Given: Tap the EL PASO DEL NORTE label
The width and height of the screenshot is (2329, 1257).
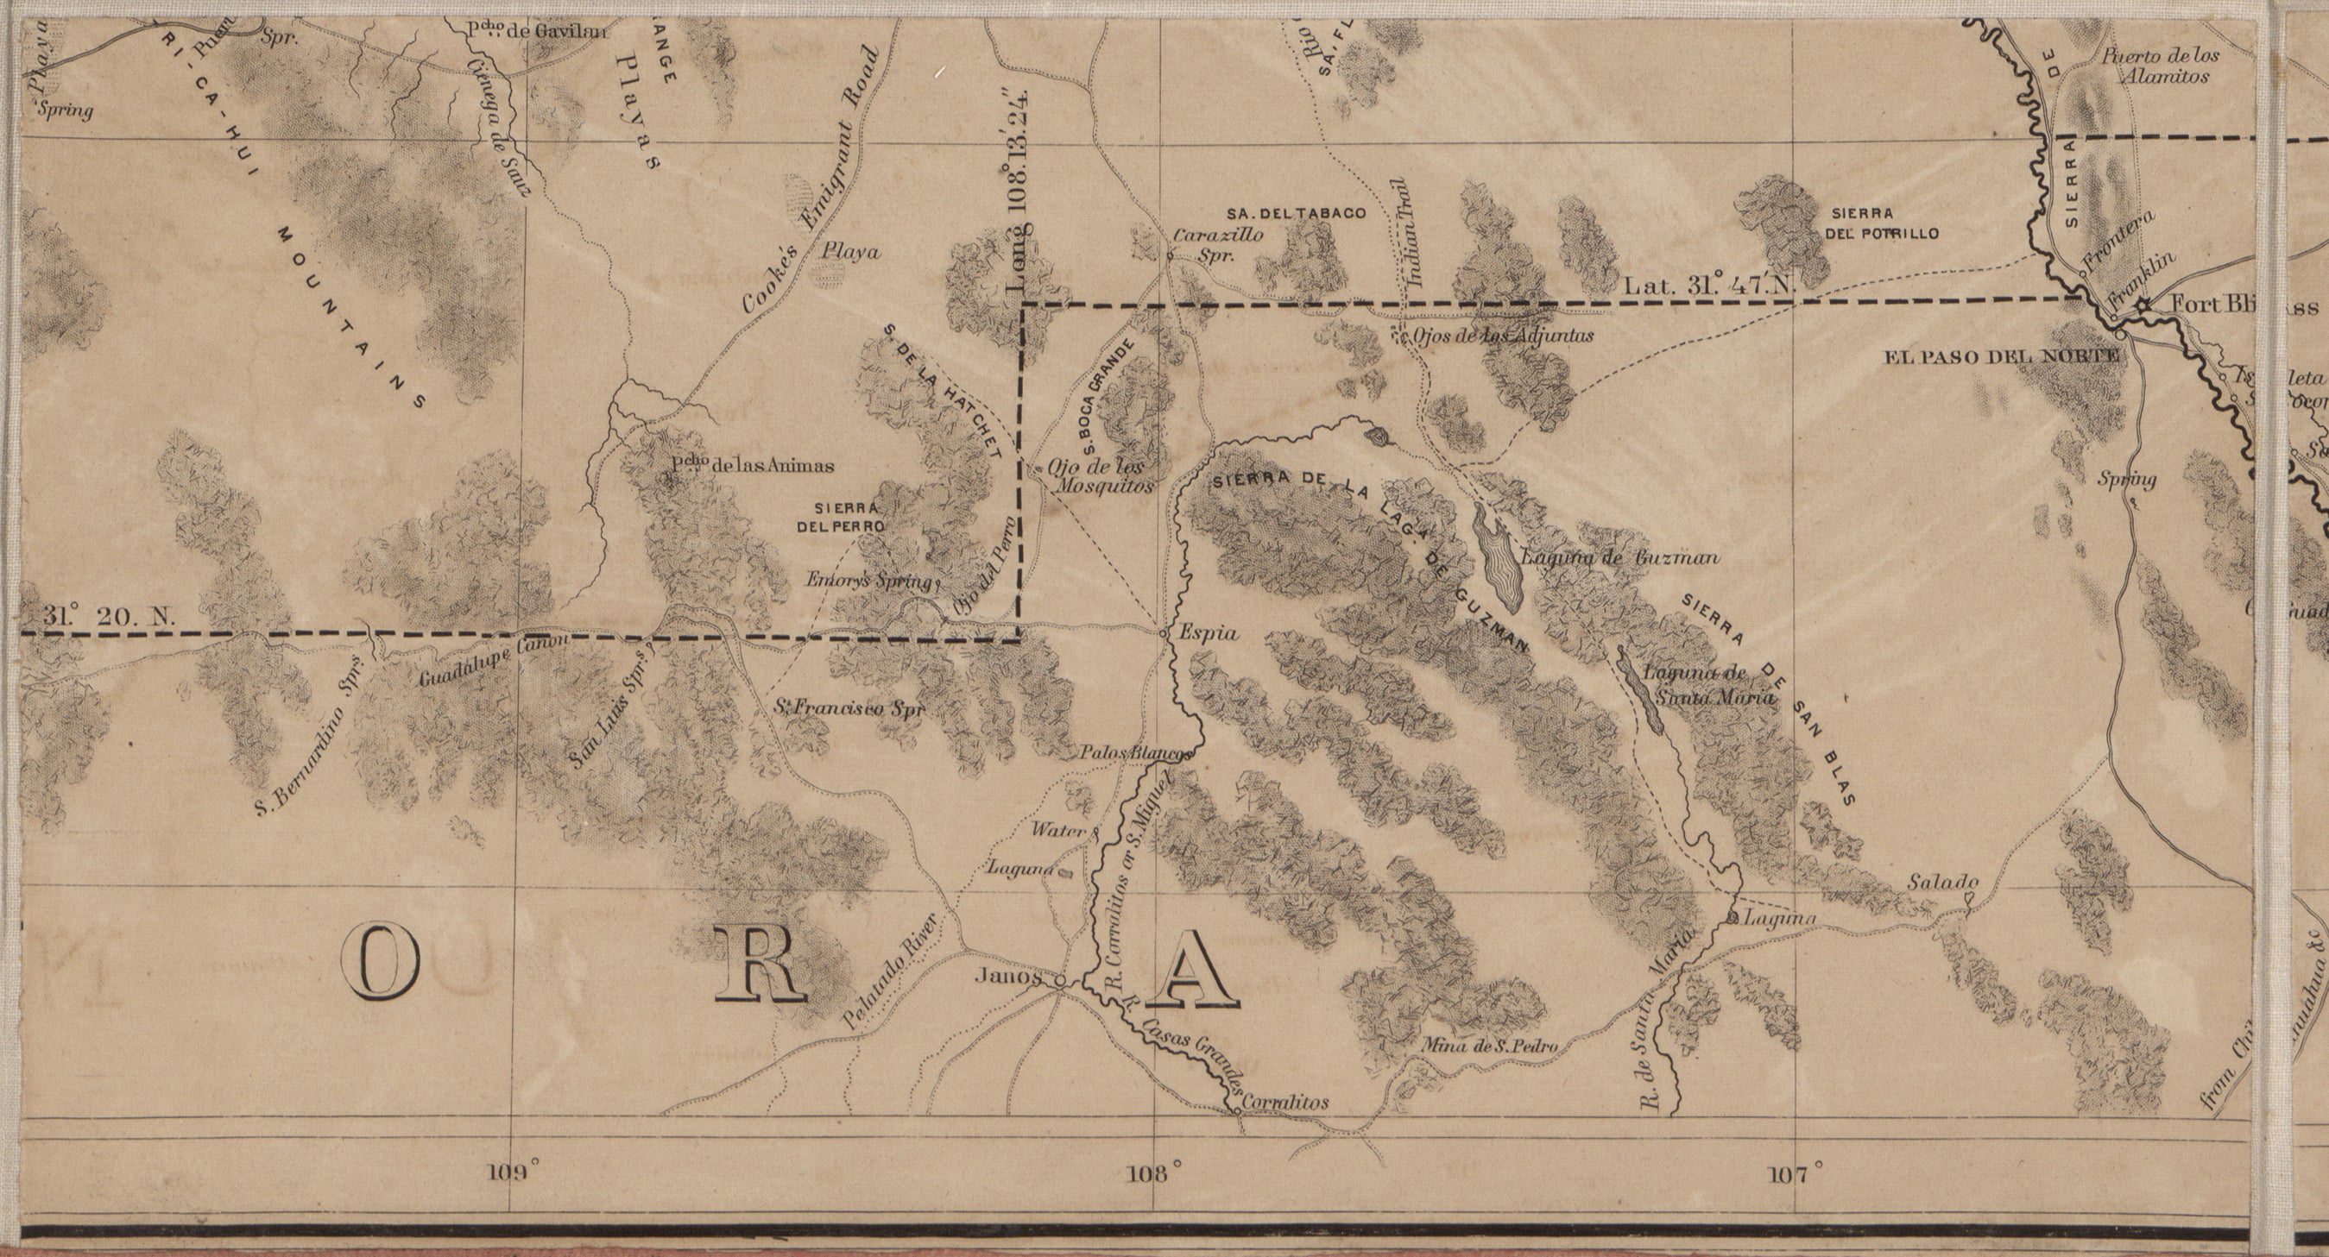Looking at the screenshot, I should point(2000,357).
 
